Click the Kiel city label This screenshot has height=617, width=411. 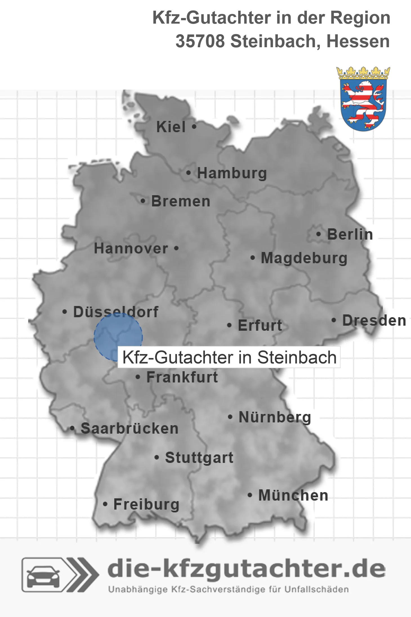tap(171, 127)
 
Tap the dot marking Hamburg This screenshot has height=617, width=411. tap(188, 173)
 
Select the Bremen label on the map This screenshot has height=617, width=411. tap(181, 201)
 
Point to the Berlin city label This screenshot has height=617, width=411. tap(350, 234)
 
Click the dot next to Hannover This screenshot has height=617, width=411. tap(176, 248)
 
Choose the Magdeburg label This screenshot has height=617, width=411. tap(304, 258)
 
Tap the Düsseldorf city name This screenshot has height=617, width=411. tap(116, 312)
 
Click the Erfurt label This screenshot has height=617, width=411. tap(260, 325)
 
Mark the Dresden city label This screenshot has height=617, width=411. tap(374, 320)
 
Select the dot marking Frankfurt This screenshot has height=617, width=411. tap(138, 377)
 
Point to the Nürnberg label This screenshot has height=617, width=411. tap(275, 417)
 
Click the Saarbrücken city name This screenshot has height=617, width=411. tap(129, 429)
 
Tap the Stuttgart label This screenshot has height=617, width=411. tap(199, 458)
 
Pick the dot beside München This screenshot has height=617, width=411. tap(249, 495)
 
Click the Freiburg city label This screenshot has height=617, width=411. tap(146, 504)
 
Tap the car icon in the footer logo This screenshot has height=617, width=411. tap(43, 575)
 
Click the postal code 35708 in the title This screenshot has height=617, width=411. tap(200, 41)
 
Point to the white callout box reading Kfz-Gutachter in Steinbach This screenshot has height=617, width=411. tap(229, 357)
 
